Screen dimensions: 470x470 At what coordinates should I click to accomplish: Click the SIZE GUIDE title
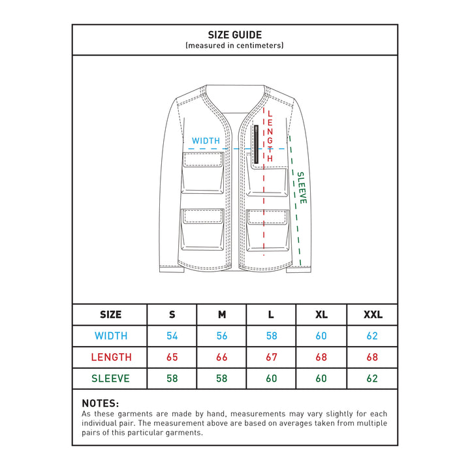point(234,35)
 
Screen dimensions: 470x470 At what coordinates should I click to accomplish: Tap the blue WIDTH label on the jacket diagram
point(206,140)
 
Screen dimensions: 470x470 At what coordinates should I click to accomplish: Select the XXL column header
point(373,315)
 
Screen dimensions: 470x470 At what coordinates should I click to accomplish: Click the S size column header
point(172,315)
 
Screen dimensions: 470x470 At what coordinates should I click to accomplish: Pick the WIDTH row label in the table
point(110,336)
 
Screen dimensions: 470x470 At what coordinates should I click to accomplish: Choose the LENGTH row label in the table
point(110,357)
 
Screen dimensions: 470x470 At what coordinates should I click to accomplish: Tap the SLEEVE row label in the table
point(110,378)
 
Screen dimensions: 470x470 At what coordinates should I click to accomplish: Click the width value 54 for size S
point(172,336)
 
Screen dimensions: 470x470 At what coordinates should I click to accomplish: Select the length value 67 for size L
point(272,357)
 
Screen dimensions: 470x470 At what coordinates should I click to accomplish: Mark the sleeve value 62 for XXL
point(373,378)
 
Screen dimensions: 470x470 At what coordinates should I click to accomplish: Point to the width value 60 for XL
point(322,336)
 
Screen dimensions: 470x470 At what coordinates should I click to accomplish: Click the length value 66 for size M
point(222,357)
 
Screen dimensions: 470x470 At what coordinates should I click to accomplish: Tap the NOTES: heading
point(101,403)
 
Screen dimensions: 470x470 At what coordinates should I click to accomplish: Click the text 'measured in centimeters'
point(234,46)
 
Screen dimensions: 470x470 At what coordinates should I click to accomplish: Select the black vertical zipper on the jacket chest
point(255,144)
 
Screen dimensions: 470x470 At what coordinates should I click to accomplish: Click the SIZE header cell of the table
point(110,315)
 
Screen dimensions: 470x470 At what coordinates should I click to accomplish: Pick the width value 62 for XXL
point(373,336)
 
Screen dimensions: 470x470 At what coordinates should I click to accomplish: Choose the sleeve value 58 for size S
point(172,378)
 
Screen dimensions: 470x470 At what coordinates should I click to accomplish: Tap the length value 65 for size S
point(172,357)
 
